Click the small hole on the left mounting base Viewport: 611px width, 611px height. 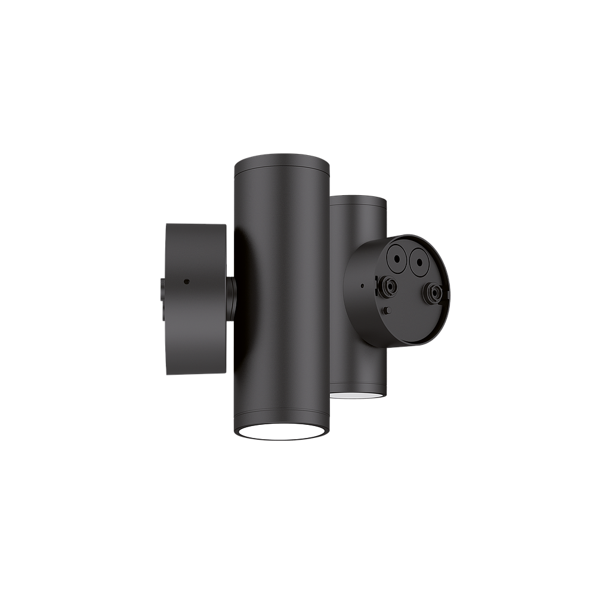click(187, 280)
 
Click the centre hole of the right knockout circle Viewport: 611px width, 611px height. click(419, 261)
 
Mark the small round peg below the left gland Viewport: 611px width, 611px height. click(388, 310)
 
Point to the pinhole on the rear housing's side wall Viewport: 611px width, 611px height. click(363, 286)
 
